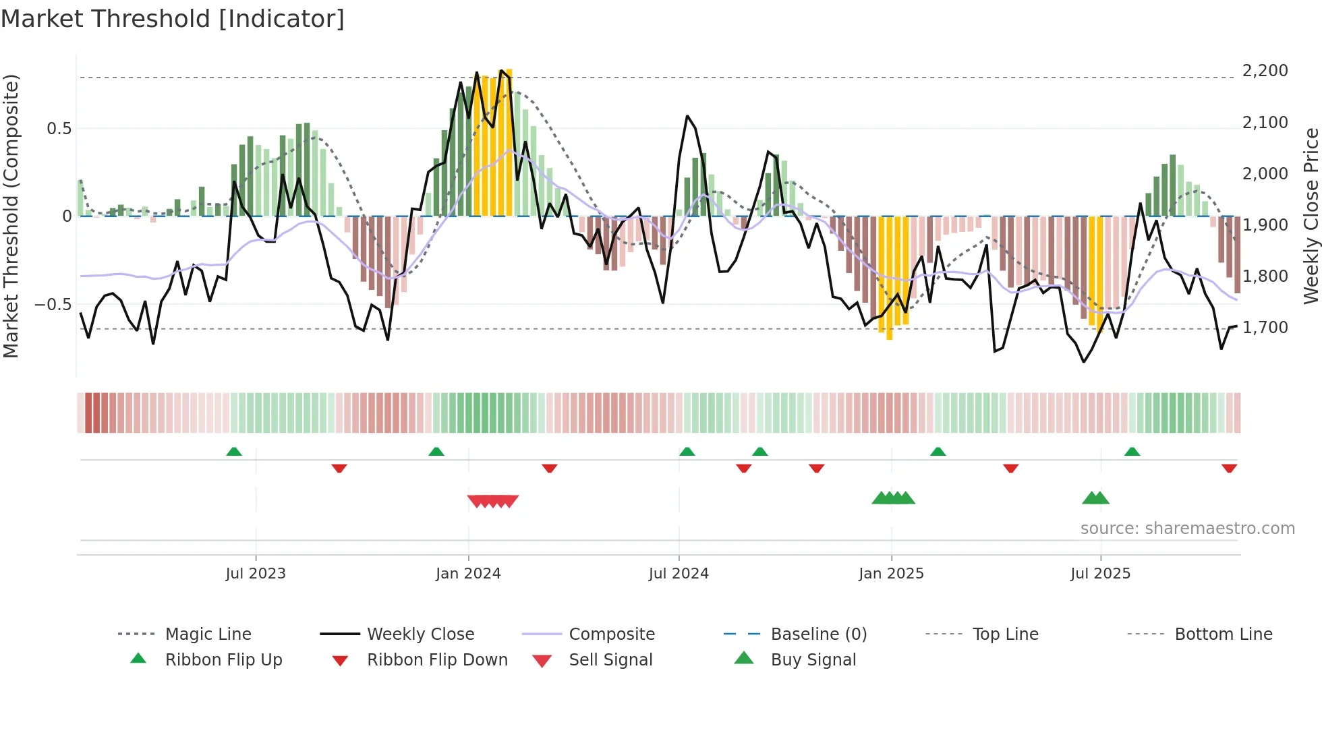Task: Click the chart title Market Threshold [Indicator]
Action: coord(173,19)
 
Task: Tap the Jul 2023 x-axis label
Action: coord(256,574)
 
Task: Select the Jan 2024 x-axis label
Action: coord(468,574)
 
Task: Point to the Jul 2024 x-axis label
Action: coord(679,574)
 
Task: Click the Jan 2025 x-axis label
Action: coord(891,574)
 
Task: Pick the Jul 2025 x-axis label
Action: coord(1100,574)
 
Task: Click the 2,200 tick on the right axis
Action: coord(1265,71)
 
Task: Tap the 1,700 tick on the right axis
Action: coord(1265,328)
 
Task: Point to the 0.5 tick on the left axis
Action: coord(59,129)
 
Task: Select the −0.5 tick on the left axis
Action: coord(53,305)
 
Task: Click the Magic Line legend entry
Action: coord(208,634)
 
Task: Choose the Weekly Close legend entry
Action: coord(420,634)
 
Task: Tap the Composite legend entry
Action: coord(611,634)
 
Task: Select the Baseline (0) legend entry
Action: coord(818,634)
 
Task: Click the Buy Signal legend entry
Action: coord(813,660)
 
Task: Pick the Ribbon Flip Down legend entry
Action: coord(436,660)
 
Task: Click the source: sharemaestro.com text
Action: coord(1187,529)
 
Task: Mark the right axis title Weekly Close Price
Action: coord(1311,216)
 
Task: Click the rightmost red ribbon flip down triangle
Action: coord(1229,468)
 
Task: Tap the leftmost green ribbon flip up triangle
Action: coord(234,452)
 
